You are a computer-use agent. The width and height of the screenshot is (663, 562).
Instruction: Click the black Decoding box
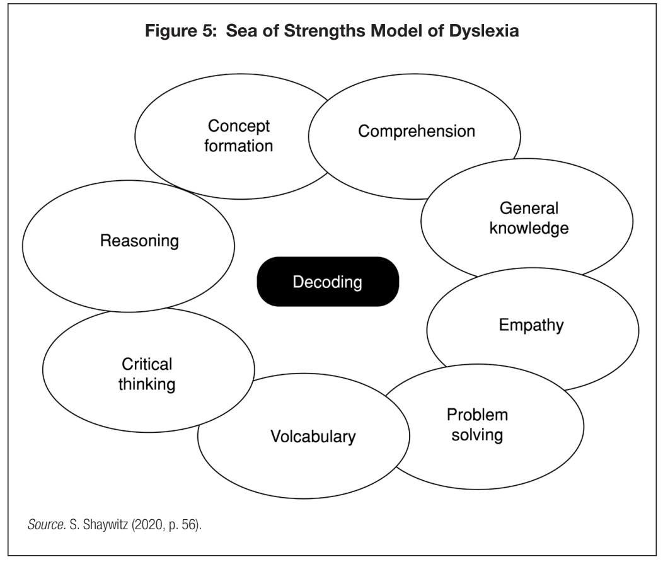click(328, 282)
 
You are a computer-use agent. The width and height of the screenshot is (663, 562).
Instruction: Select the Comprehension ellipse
click(416, 132)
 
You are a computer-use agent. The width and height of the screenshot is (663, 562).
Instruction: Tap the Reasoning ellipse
click(139, 241)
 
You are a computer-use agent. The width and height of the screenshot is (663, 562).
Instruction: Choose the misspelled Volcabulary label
click(313, 436)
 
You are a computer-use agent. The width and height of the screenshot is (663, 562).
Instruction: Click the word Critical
click(147, 364)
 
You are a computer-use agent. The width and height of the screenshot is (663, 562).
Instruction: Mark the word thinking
click(147, 384)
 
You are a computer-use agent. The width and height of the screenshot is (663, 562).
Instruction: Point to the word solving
click(477, 435)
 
